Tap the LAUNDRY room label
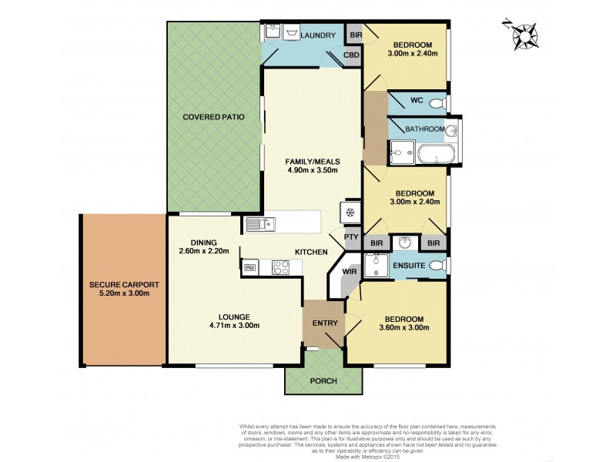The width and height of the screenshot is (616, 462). pyautogui.click(x=318, y=35)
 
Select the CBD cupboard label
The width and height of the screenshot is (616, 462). pyautogui.click(x=352, y=56)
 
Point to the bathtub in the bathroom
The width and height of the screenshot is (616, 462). pyautogui.click(x=436, y=154)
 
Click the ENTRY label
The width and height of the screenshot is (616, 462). pyautogui.click(x=326, y=323)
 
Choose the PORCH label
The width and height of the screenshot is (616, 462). pyautogui.click(x=323, y=381)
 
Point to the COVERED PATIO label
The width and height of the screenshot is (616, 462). pyautogui.click(x=213, y=118)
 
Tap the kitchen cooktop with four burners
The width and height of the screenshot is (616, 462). pyautogui.click(x=280, y=267)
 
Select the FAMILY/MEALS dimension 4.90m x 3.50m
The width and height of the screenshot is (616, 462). pyautogui.click(x=312, y=171)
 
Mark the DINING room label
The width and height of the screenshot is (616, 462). pyautogui.click(x=193, y=242)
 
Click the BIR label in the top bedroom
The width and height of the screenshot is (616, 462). pyautogui.click(x=355, y=35)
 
